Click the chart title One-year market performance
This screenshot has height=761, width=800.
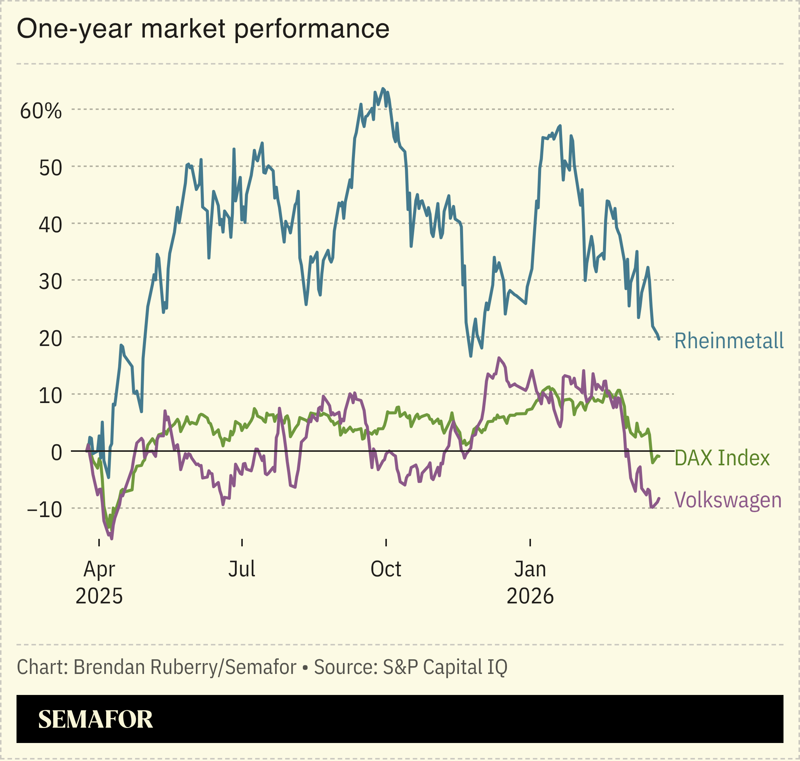click(203, 29)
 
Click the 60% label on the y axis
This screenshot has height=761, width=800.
click(41, 111)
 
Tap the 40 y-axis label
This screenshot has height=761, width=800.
click(51, 224)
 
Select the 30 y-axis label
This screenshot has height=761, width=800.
click(51, 281)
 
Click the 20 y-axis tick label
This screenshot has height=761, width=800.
click(51, 338)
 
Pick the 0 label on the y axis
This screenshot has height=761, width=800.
click(56, 452)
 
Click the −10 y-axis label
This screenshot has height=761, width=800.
click(45, 510)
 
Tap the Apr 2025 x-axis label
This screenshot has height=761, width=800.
click(99, 582)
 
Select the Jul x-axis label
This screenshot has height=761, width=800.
click(242, 569)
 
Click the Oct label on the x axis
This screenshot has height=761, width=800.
click(386, 569)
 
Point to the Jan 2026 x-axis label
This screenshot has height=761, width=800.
click(530, 582)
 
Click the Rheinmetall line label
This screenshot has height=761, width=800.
click(729, 340)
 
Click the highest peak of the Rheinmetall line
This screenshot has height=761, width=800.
click(383, 88)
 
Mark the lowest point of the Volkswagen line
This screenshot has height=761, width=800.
click(111, 538)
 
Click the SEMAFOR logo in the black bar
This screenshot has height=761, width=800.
click(95, 719)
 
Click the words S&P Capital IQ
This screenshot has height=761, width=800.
click(445, 667)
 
